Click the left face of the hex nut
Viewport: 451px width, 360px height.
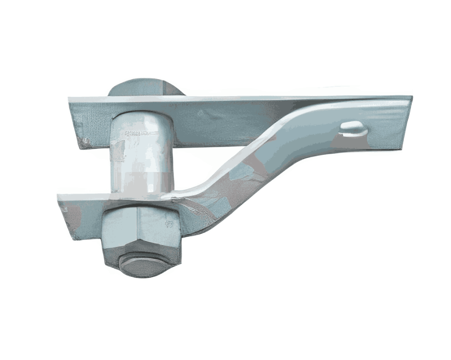pyautogui.click(x=119, y=229)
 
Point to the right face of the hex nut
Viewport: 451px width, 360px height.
pyautogui.click(x=159, y=229)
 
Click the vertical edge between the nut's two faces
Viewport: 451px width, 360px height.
pyautogui.click(x=137, y=229)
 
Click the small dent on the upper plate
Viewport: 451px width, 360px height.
pyautogui.click(x=201, y=114)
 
